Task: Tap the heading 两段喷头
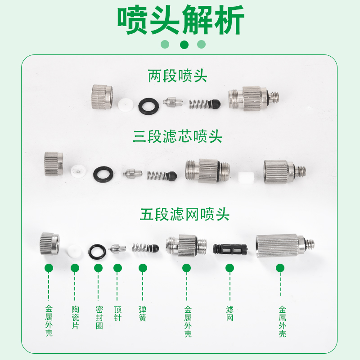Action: pos(178,76)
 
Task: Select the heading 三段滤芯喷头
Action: pos(178,136)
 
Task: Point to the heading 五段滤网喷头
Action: pos(184,214)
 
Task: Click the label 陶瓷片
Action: pos(75,318)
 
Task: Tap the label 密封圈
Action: pos(99,318)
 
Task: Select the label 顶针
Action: pos(118,314)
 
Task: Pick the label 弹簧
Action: pos(143,314)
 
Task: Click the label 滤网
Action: pos(230,314)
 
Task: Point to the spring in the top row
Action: pos(199,105)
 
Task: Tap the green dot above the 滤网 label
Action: pos(230,269)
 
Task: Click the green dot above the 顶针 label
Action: pos(118,269)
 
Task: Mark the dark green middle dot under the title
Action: pos(184,44)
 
